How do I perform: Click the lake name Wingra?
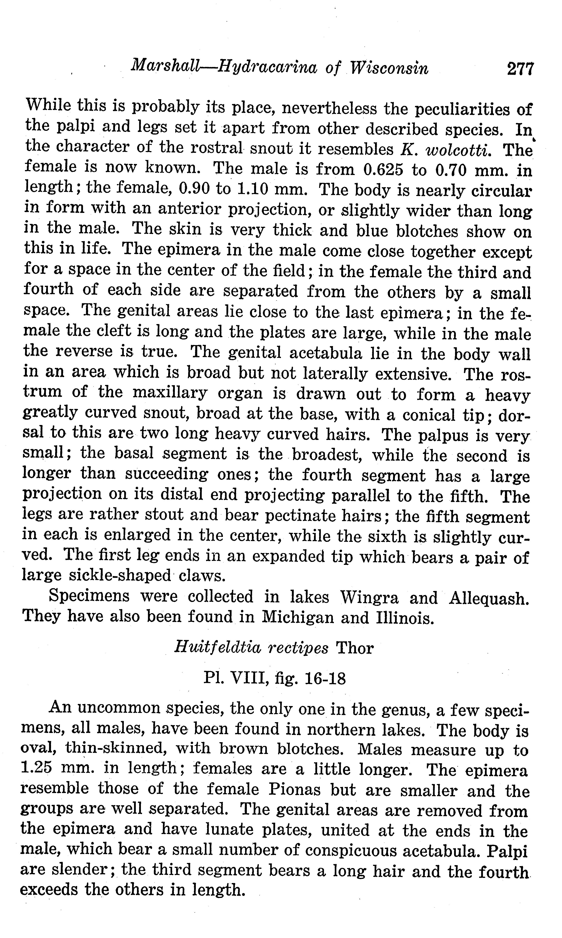369,598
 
